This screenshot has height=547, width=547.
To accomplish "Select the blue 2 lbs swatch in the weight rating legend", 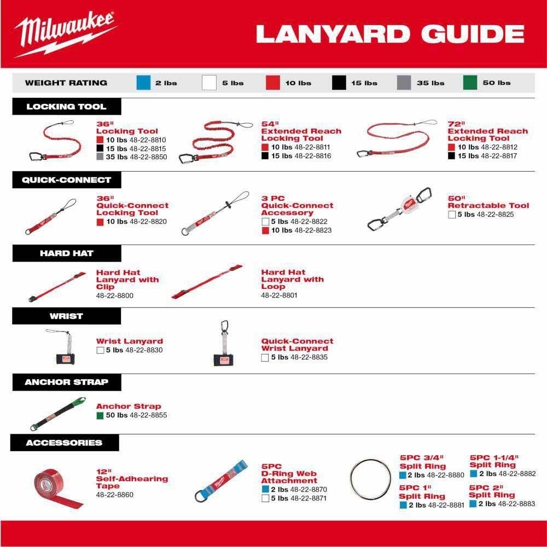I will (143, 83).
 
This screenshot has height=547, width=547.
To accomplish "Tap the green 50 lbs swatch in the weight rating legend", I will (469, 83).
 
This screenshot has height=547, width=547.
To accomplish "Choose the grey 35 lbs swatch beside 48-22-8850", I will (100, 158).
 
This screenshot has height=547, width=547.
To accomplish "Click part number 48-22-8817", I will (498, 156).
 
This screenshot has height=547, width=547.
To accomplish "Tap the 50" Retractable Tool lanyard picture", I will (399, 211).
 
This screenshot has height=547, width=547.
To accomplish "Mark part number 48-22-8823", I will (312, 230).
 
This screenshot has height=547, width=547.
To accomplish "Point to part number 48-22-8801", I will (280, 295).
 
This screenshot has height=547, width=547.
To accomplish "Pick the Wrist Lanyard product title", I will (129, 341).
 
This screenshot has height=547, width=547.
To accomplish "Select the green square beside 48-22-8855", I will (100, 416).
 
